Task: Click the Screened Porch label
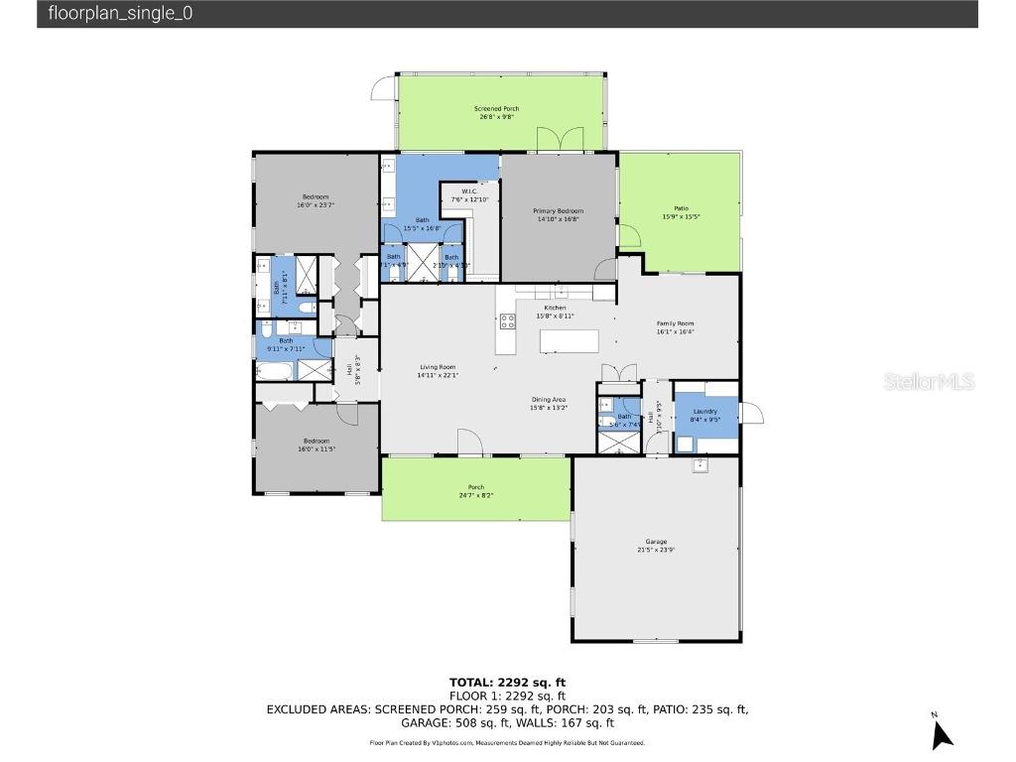496,112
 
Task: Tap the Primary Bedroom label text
558,215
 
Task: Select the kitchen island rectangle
570,341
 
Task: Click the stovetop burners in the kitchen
507,320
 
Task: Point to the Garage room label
656,546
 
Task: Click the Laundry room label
704,415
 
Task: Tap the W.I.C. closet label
470,195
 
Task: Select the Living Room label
437,371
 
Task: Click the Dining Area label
548,403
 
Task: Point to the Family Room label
675,327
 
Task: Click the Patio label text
681,212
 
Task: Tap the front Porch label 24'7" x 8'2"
476,490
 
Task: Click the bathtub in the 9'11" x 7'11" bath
275,371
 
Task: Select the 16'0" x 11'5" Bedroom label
317,444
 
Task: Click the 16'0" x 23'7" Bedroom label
316,200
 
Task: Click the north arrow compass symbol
942,732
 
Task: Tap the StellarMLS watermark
929,381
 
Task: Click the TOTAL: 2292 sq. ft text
507,682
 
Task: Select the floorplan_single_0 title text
121,14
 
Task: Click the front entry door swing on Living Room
470,443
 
